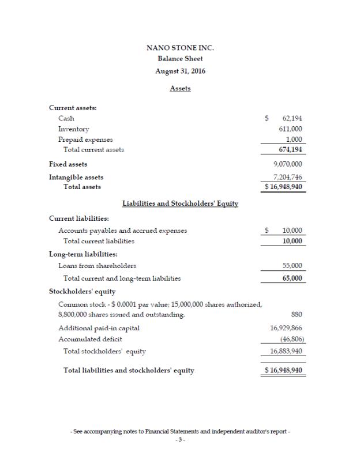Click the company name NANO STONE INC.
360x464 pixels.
(180, 48)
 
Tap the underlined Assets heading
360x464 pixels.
(180, 89)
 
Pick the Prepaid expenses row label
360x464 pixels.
(85, 139)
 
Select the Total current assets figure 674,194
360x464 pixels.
(291, 150)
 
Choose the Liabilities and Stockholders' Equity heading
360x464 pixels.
(180, 203)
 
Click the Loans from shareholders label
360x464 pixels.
(97, 266)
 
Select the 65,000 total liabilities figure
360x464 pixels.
(293, 278)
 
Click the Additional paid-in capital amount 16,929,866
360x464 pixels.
(287, 328)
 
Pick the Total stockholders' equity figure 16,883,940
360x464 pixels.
(287, 350)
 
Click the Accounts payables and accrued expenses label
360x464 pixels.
(122, 231)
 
